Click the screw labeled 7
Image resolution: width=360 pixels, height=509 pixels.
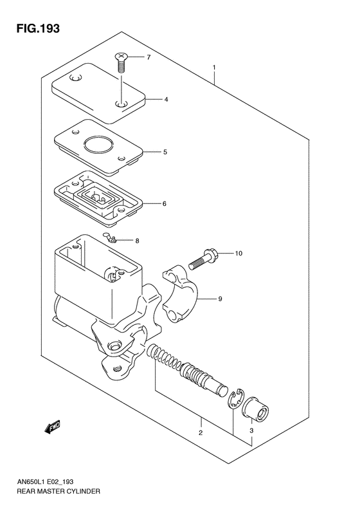120,62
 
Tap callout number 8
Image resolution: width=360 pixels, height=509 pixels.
136,241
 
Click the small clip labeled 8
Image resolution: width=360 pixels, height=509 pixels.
111,239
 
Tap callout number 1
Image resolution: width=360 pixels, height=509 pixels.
215,68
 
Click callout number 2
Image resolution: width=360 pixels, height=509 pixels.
201,433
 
